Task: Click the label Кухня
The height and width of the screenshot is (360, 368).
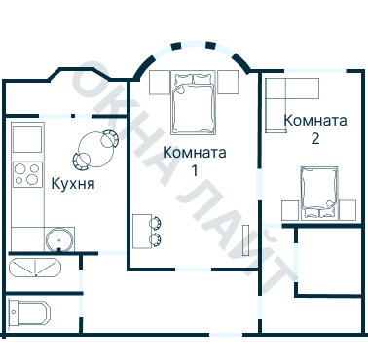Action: tap(72, 181)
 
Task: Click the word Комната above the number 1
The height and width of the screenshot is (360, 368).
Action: tap(196, 152)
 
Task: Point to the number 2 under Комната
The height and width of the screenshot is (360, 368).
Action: tap(314, 138)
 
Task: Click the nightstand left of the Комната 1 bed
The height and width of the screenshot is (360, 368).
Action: tap(159, 82)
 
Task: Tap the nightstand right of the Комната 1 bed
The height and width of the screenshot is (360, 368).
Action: tap(228, 82)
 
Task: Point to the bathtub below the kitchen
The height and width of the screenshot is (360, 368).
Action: tap(35, 268)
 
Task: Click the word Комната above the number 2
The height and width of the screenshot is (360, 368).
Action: tap(315, 121)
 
